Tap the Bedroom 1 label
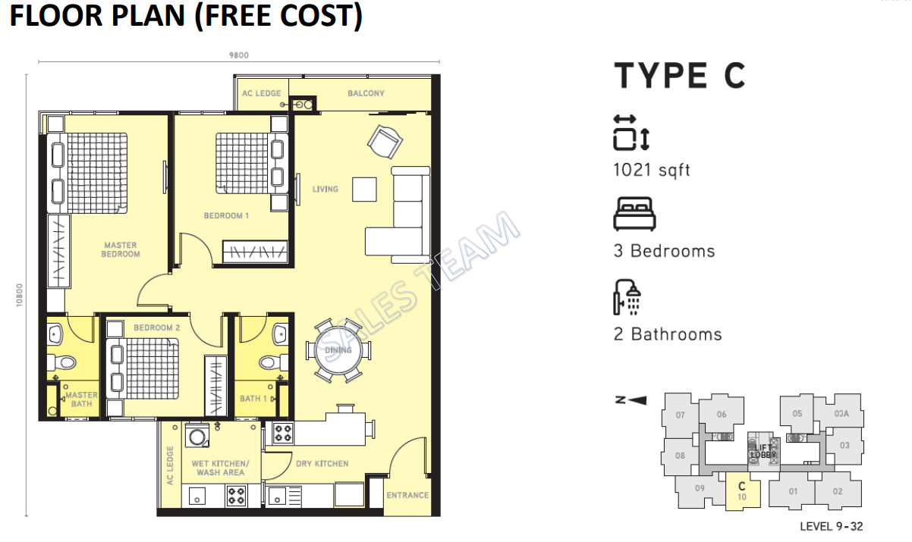(226, 216)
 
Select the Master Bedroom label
(120, 249)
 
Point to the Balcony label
(366, 93)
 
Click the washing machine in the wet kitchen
(197, 437)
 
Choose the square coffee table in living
(363, 189)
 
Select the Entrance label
(407, 495)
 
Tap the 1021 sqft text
(652, 170)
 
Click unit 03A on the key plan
(841, 414)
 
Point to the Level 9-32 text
(831, 526)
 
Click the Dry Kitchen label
(322, 463)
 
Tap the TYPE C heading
(680, 76)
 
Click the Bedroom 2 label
(156, 327)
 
